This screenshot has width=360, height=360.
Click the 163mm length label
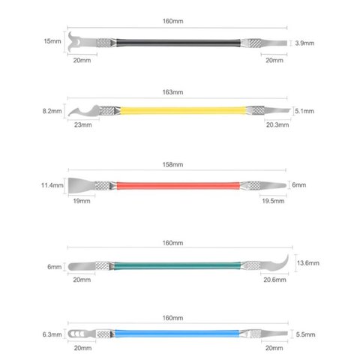[172, 92]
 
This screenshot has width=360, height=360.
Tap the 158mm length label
[172, 164]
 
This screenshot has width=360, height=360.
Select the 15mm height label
[52, 41]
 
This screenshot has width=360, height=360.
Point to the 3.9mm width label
[304, 43]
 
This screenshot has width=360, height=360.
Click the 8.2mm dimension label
[52, 111]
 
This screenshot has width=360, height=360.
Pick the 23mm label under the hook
[83, 124]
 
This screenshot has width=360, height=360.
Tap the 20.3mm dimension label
[277, 124]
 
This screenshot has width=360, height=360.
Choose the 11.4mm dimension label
[52, 185]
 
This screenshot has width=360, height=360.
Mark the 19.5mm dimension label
[273, 201]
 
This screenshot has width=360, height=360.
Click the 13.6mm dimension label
[308, 263]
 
